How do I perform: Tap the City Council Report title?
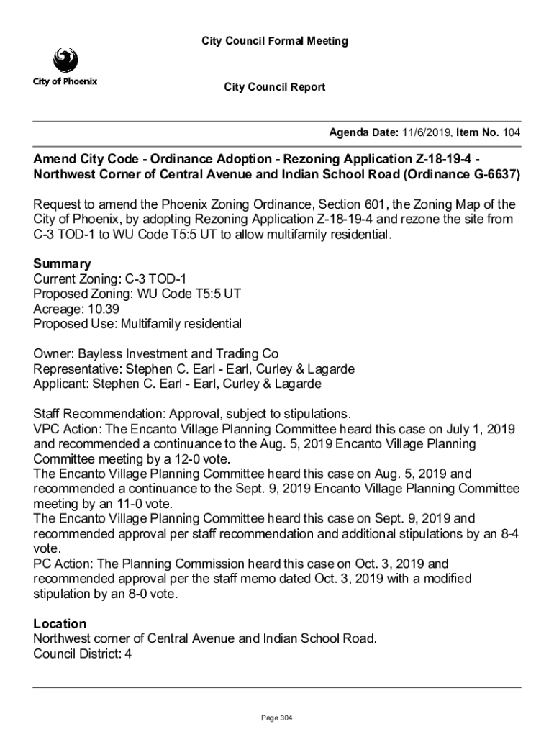tap(274, 87)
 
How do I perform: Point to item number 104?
tap(511, 133)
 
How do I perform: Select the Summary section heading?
tap(62, 263)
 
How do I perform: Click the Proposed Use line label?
tap(72, 323)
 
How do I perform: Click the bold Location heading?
tap(60, 623)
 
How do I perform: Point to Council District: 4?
tap(83, 654)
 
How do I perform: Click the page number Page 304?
tap(277, 718)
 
